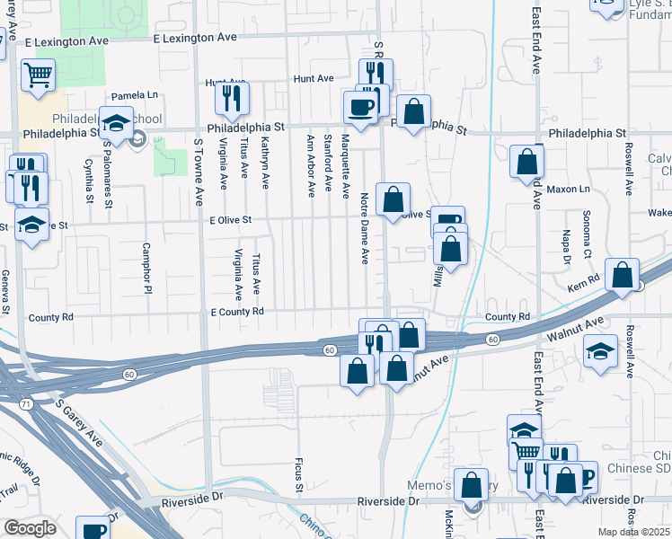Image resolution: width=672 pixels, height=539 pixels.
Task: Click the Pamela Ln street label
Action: pyautogui.click(x=134, y=95)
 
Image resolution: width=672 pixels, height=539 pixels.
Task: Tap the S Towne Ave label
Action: pyautogui.click(x=199, y=164)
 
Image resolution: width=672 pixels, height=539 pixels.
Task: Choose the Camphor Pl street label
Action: pyautogui.click(x=146, y=268)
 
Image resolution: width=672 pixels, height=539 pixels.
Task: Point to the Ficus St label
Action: pyautogui.click(x=298, y=476)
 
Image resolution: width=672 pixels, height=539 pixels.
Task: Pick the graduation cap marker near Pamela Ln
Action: pyautogui.click(x=116, y=123)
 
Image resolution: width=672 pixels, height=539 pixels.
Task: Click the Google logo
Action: pyautogui.click(x=31, y=528)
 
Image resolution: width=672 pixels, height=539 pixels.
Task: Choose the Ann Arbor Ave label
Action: pyautogui.click(x=310, y=164)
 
